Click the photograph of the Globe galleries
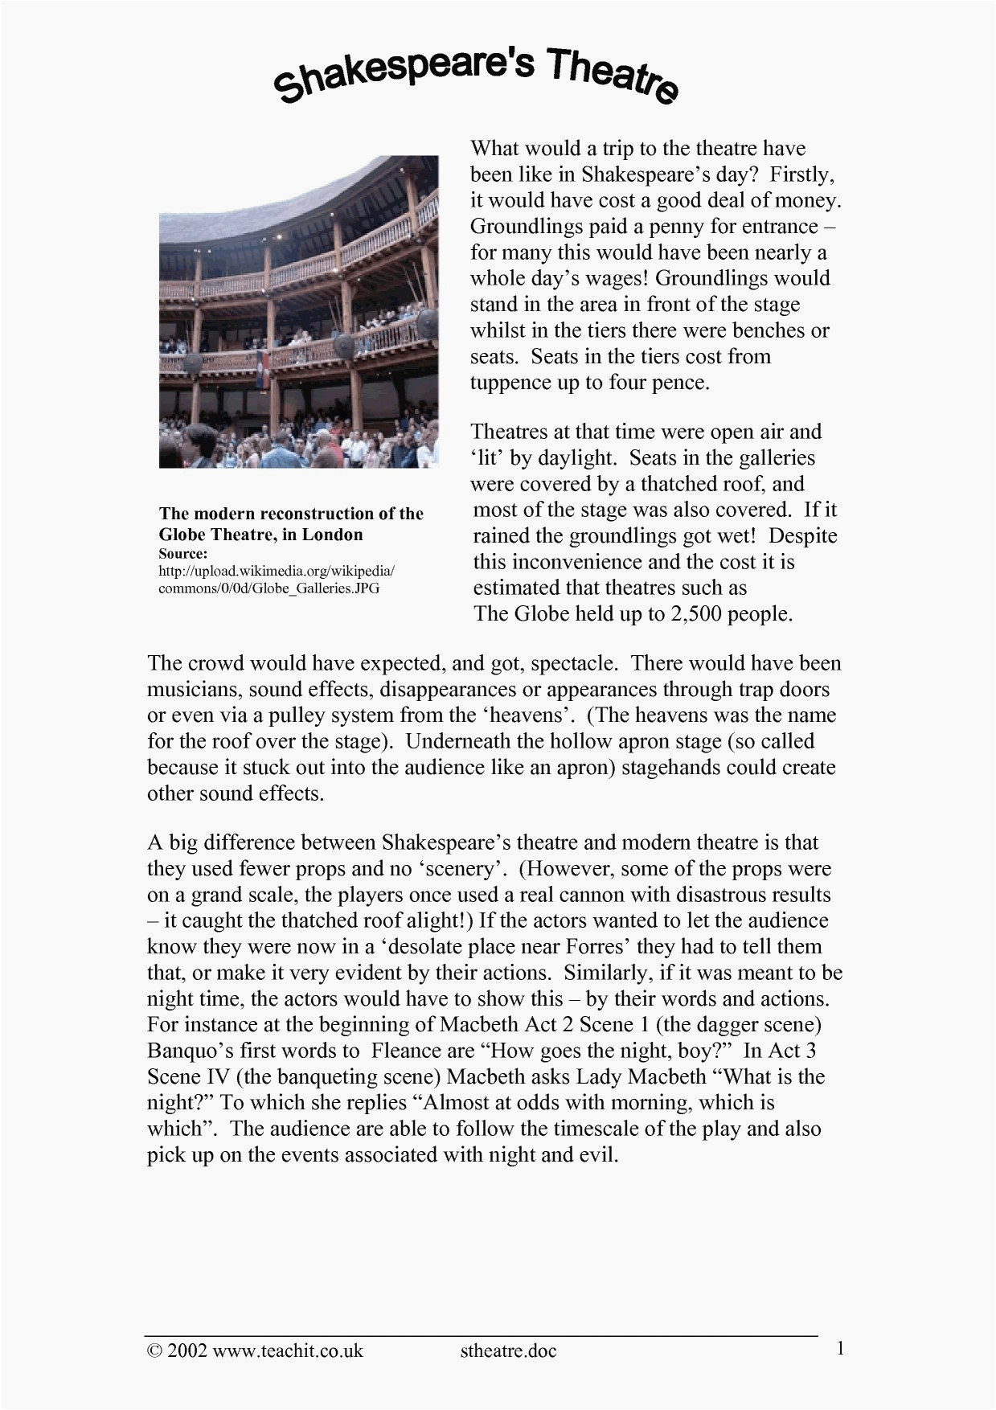pyautogui.click(x=298, y=312)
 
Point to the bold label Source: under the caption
pyautogui.click(x=183, y=553)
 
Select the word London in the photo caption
pyautogui.click(x=332, y=535)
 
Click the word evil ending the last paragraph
pyautogui.click(x=600, y=1154)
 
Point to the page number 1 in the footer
pyautogui.click(x=840, y=1348)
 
